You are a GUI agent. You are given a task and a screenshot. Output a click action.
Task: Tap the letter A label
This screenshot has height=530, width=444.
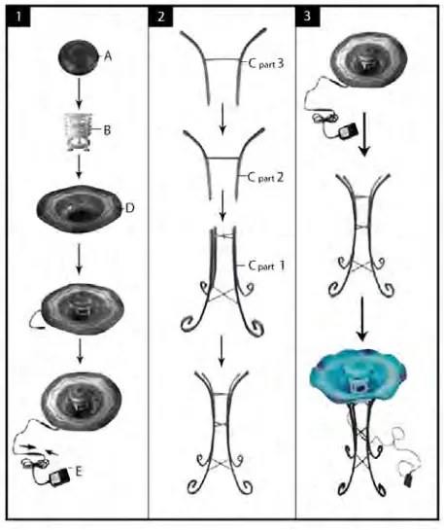pyautogui.click(x=108, y=56)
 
